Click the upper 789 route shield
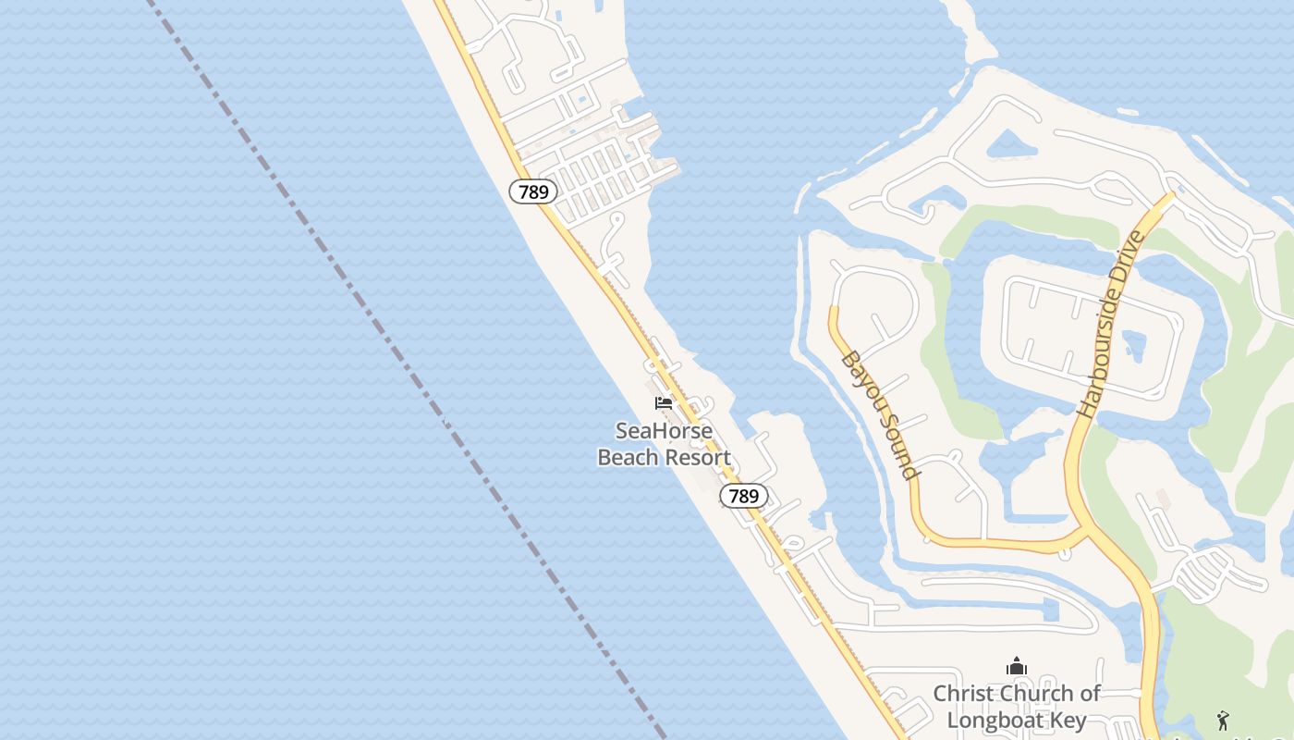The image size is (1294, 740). pyautogui.click(x=533, y=192)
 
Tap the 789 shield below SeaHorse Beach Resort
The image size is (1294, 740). pyautogui.click(x=743, y=496)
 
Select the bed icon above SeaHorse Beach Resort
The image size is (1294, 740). pyautogui.click(x=664, y=402)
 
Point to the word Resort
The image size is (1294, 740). pyautogui.click(x=700, y=457)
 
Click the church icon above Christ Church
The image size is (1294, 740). pyautogui.click(x=1017, y=666)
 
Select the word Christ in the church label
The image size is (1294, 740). pyautogui.click(x=962, y=693)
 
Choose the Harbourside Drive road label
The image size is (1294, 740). pyautogui.click(x=1111, y=322)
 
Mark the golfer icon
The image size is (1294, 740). pyautogui.click(x=1223, y=720)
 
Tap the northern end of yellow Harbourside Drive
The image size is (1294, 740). pyautogui.click(x=1169, y=197)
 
